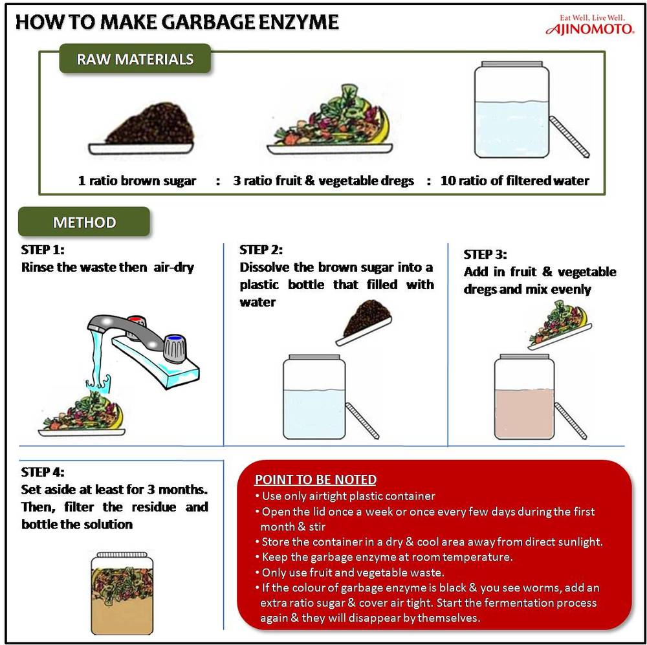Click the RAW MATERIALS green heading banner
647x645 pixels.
tap(135, 60)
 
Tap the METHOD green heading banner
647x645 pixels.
tap(84, 223)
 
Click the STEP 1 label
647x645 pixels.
tap(43, 250)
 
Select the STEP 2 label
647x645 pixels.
tap(261, 250)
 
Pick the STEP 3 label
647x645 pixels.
tap(485, 254)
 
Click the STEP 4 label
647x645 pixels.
tap(43, 472)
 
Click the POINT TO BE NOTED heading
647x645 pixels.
tap(315, 479)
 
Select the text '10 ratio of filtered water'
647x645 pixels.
tap(514, 181)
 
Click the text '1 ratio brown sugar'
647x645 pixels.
tap(137, 181)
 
